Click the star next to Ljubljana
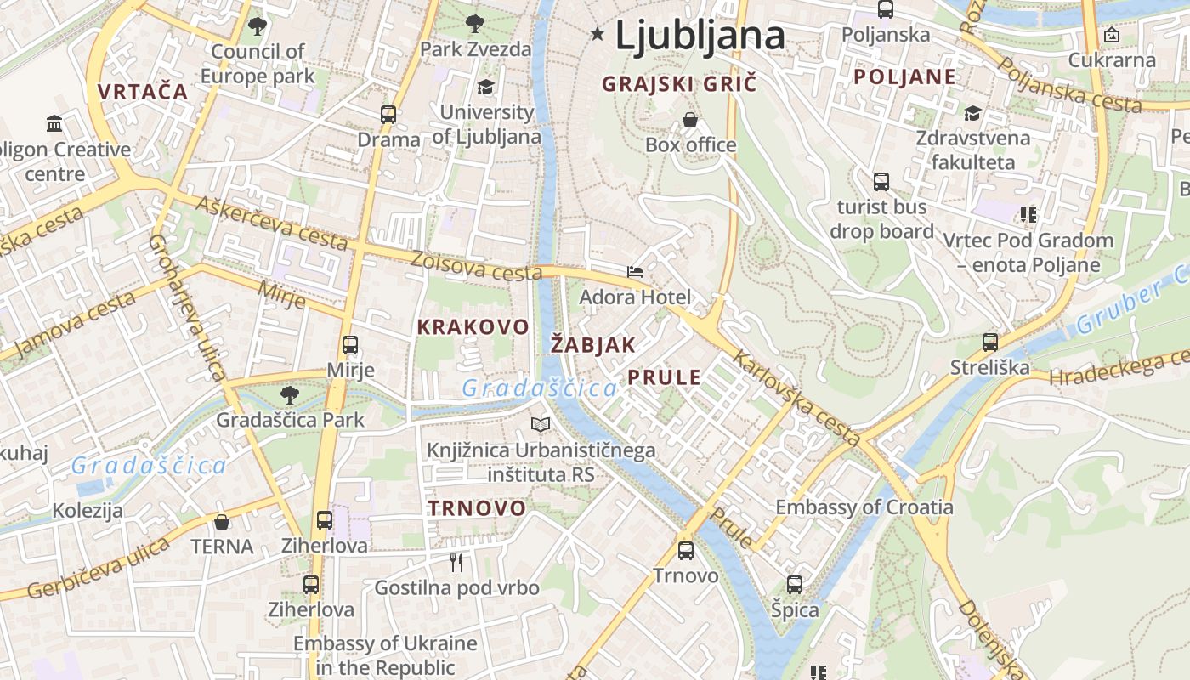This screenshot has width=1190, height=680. click(x=598, y=34)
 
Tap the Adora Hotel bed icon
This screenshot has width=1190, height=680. click(x=635, y=272)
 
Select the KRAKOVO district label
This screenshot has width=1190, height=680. click(x=473, y=327)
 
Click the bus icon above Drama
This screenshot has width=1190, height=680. click(x=388, y=114)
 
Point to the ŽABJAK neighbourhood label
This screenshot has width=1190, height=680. click(x=593, y=345)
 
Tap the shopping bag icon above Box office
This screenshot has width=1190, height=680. click(x=690, y=120)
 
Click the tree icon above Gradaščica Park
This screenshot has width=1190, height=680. click(x=290, y=394)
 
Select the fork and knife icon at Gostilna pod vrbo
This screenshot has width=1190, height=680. click(x=456, y=562)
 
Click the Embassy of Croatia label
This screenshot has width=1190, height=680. click(x=864, y=507)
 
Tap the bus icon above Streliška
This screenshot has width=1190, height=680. click(x=990, y=343)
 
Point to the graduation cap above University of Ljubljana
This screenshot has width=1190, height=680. click(x=485, y=87)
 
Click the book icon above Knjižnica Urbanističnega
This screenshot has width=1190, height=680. click(x=541, y=424)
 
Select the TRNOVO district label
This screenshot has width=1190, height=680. click(x=477, y=508)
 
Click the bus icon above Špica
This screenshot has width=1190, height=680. click(x=795, y=585)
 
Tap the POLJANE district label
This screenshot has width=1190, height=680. click(x=904, y=77)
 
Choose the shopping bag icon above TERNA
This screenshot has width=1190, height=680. click(x=222, y=521)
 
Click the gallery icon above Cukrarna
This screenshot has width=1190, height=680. click(x=1112, y=35)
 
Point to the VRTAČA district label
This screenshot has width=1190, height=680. click(x=143, y=92)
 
